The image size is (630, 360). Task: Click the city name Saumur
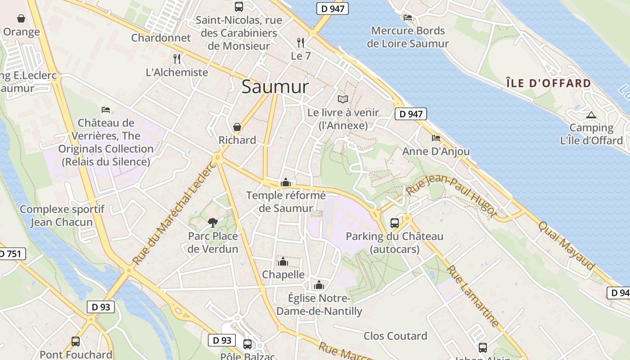(275, 87)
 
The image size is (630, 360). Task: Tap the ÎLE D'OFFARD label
(548, 83)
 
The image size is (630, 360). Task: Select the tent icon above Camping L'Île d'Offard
(591, 115)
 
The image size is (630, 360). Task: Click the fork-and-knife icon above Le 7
(301, 43)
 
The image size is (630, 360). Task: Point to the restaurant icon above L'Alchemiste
(177, 59)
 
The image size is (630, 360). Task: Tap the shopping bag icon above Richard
(237, 127)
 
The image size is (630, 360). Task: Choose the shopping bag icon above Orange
(21, 18)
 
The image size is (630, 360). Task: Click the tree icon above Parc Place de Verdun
(212, 222)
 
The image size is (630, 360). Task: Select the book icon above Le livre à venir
(343, 99)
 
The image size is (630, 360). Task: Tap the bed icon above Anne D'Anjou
(436, 138)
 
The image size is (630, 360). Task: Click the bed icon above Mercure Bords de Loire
(408, 18)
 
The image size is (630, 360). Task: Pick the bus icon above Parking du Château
(394, 223)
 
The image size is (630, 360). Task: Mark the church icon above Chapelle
(283, 261)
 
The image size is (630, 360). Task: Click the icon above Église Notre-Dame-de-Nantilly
(319, 285)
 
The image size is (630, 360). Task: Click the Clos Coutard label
(395, 336)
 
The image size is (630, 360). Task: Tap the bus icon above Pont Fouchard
(76, 342)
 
